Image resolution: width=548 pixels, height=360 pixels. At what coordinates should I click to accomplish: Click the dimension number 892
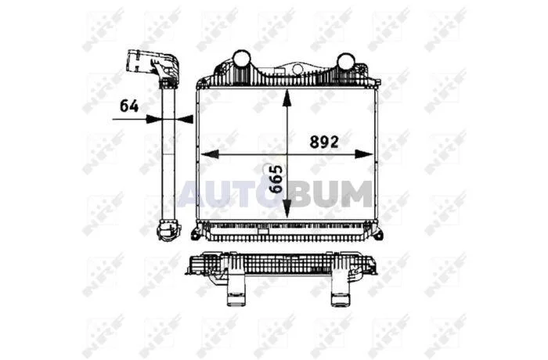click(324, 142)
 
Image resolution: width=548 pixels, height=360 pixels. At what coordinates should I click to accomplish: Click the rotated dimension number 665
click(276, 179)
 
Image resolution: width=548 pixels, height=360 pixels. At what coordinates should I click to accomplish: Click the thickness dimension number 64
click(129, 106)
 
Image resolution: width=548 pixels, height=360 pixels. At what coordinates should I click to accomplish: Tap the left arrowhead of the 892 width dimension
click(210, 154)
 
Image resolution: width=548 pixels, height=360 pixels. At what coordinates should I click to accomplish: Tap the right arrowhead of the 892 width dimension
click(364, 154)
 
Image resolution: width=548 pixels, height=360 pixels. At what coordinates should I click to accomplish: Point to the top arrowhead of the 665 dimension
click(287, 98)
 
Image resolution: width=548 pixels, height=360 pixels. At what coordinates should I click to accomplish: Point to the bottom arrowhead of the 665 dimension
click(287, 210)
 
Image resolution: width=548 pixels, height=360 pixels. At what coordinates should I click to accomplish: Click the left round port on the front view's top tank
click(241, 60)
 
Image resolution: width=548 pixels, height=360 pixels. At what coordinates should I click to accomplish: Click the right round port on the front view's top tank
click(345, 62)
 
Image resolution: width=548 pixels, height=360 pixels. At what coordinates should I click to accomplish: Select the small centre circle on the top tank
click(297, 69)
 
